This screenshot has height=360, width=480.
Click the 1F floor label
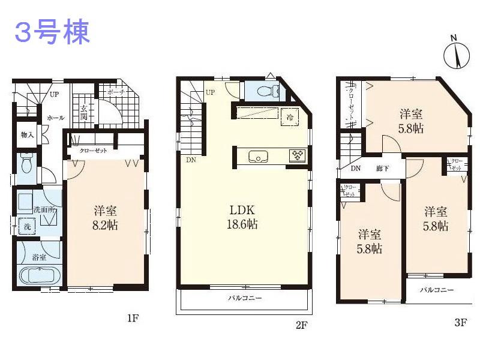click(133, 318)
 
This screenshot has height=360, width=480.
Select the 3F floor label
click(460, 323)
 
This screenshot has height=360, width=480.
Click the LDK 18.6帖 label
click(243, 217)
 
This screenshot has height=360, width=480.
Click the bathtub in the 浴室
click(38, 275)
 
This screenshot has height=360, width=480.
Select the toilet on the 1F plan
click(26, 163)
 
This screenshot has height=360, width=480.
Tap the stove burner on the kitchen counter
click(297, 155)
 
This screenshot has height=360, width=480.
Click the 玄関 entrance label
click(83, 112)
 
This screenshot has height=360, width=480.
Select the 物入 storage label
click(26, 134)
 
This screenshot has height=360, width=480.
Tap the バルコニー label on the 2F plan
click(244, 298)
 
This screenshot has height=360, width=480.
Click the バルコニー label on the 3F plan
click(436, 290)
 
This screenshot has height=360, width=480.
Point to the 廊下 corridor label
click(382, 169)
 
